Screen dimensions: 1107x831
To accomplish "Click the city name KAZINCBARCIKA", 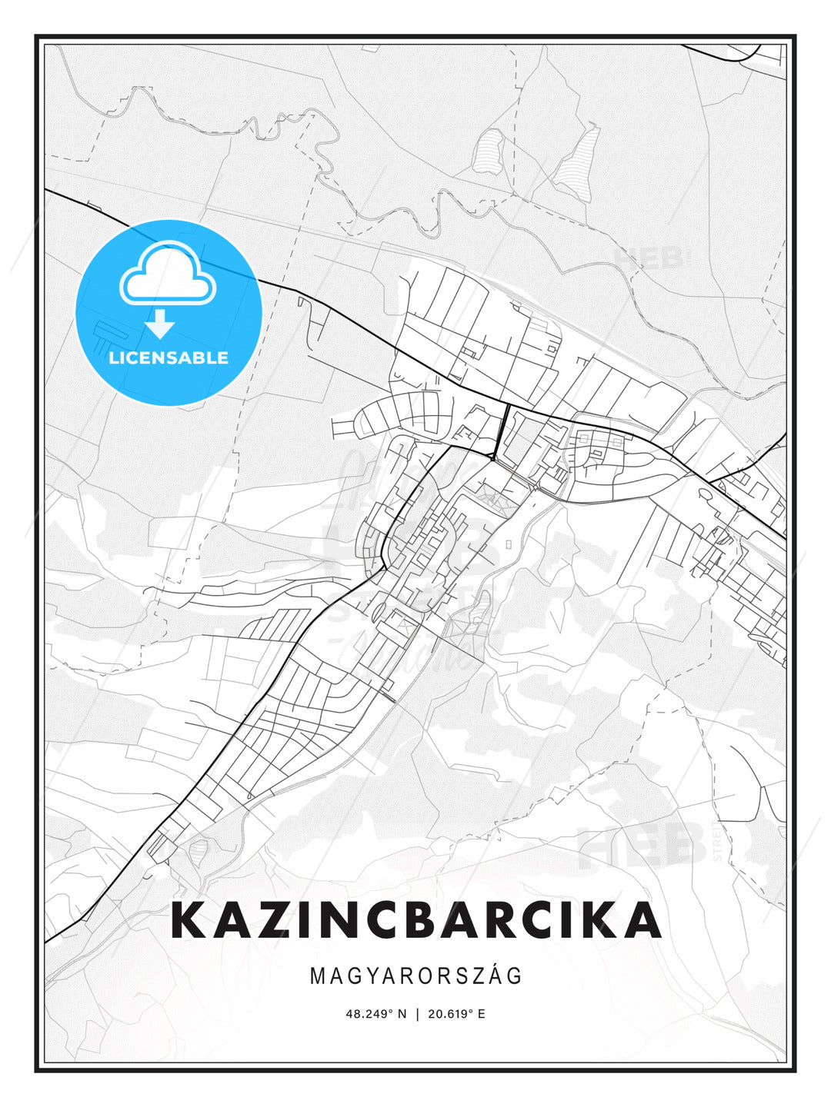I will pyautogui.click(x=415, y=919).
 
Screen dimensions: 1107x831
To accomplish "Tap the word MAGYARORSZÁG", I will pyautogui.click(x=415, y=976).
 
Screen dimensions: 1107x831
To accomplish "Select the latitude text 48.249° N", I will pyautogui.click(x=375, y=1013).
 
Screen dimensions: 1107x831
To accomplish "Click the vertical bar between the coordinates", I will pyautogui.click(x=416, y=1013).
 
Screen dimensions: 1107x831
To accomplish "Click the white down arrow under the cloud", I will pyautogui.click(x=160, y=324).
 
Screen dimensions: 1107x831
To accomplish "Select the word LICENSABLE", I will pyautogui.click(x=169, y=357).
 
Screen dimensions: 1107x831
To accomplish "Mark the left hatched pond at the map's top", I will pyautogui.click(x=489, y=151).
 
